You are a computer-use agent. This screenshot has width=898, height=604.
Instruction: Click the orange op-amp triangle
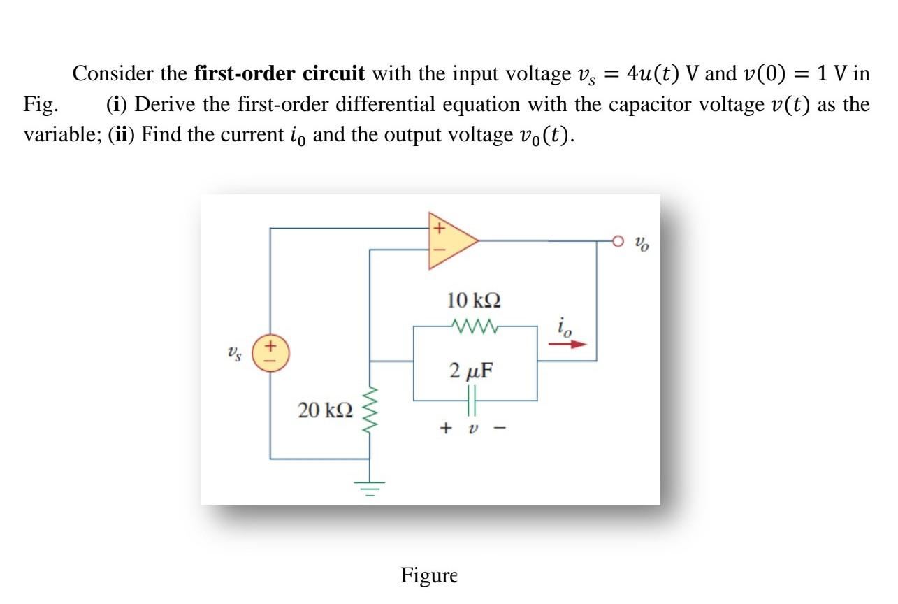[x=448, y=240]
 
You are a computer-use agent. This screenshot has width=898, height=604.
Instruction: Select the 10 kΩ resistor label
[x=474, y=301]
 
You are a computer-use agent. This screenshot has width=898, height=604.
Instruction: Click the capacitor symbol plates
[x=472, y=401]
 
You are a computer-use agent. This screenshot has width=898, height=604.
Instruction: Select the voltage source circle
[x=270, y=352]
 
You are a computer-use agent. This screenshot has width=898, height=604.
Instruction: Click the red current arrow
[x=567, y=344]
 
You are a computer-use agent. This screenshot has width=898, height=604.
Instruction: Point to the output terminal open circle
[x=618, y=241]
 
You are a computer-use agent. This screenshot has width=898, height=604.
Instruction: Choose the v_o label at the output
[x=641, y=245]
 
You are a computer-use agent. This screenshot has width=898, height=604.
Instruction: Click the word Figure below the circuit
[x=428, y=575]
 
